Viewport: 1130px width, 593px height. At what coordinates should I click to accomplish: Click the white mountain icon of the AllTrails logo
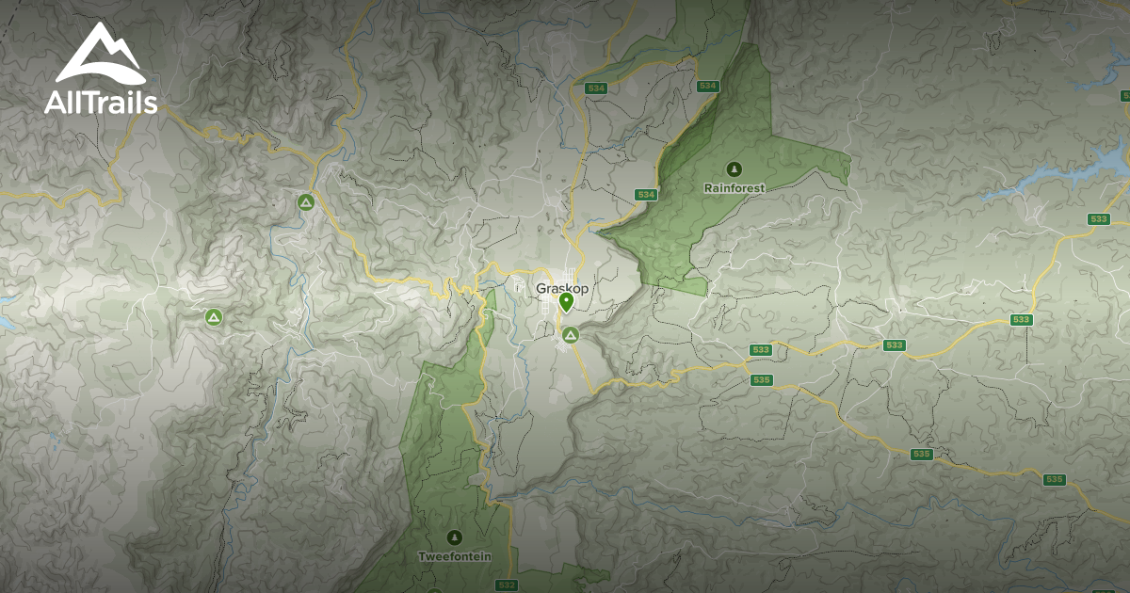click(x=100, y=54)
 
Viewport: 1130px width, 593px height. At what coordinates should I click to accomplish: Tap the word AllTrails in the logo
click(x=100, y=102)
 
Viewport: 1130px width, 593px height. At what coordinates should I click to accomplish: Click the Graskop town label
click(x=561, y=288)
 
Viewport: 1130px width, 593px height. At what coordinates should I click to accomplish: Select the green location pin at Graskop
click(x=566, y=302)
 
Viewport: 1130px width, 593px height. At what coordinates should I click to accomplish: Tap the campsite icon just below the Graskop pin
click(x=570, y=334)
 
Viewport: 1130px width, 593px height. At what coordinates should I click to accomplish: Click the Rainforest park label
click(x=734, y=187)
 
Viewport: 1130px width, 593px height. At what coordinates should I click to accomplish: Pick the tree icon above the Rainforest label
click(x=734, y=169)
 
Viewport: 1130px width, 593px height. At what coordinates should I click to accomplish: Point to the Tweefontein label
click(x=455, y=556)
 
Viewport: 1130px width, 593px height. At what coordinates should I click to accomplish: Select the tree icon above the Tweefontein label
click(x=455, y=537)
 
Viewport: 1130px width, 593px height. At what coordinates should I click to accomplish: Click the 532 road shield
click(x=507, y=585)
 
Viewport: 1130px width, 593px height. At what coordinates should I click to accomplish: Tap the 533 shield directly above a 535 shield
click(x=762, y=350)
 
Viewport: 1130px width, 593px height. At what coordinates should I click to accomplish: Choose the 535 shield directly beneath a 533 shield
click(x=763, y=380)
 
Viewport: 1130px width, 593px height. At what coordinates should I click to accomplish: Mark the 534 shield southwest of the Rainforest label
click(x=645, y=195)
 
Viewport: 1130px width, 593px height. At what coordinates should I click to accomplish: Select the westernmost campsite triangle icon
click(x=213, y=317)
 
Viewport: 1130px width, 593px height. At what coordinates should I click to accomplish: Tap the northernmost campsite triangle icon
click(x=304, y=201)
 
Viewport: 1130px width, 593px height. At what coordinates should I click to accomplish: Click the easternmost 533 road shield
click(x=1098, y=218)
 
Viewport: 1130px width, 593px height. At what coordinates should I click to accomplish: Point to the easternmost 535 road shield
click(x=1054, y=480)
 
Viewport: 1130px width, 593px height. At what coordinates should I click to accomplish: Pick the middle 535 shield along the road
click(x=922, y=455)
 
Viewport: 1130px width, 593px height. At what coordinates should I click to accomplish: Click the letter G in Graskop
click(x=541, y=288)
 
